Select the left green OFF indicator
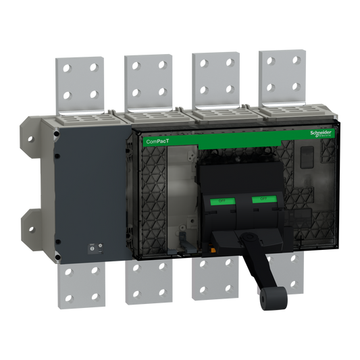[220, 201]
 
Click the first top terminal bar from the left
[79, 82]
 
